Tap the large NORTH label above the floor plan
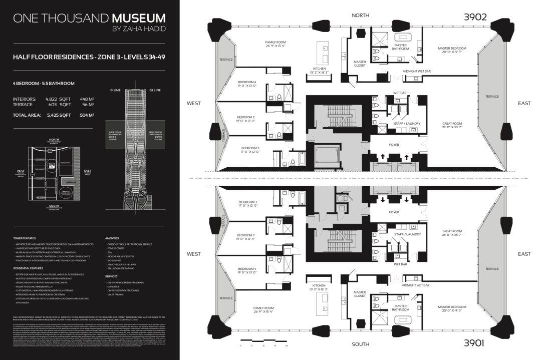click(x=360, y=16)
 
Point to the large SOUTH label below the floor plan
click(x=360, y=344)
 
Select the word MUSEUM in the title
click(x=139, y=19)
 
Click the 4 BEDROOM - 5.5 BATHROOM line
click(x=44, y=83)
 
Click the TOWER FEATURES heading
click(x=25, y=238)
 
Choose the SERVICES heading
click(x=111, y=276)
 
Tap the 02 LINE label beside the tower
click(x=155, y=90)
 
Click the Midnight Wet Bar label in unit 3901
click(x=416, y=285)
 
